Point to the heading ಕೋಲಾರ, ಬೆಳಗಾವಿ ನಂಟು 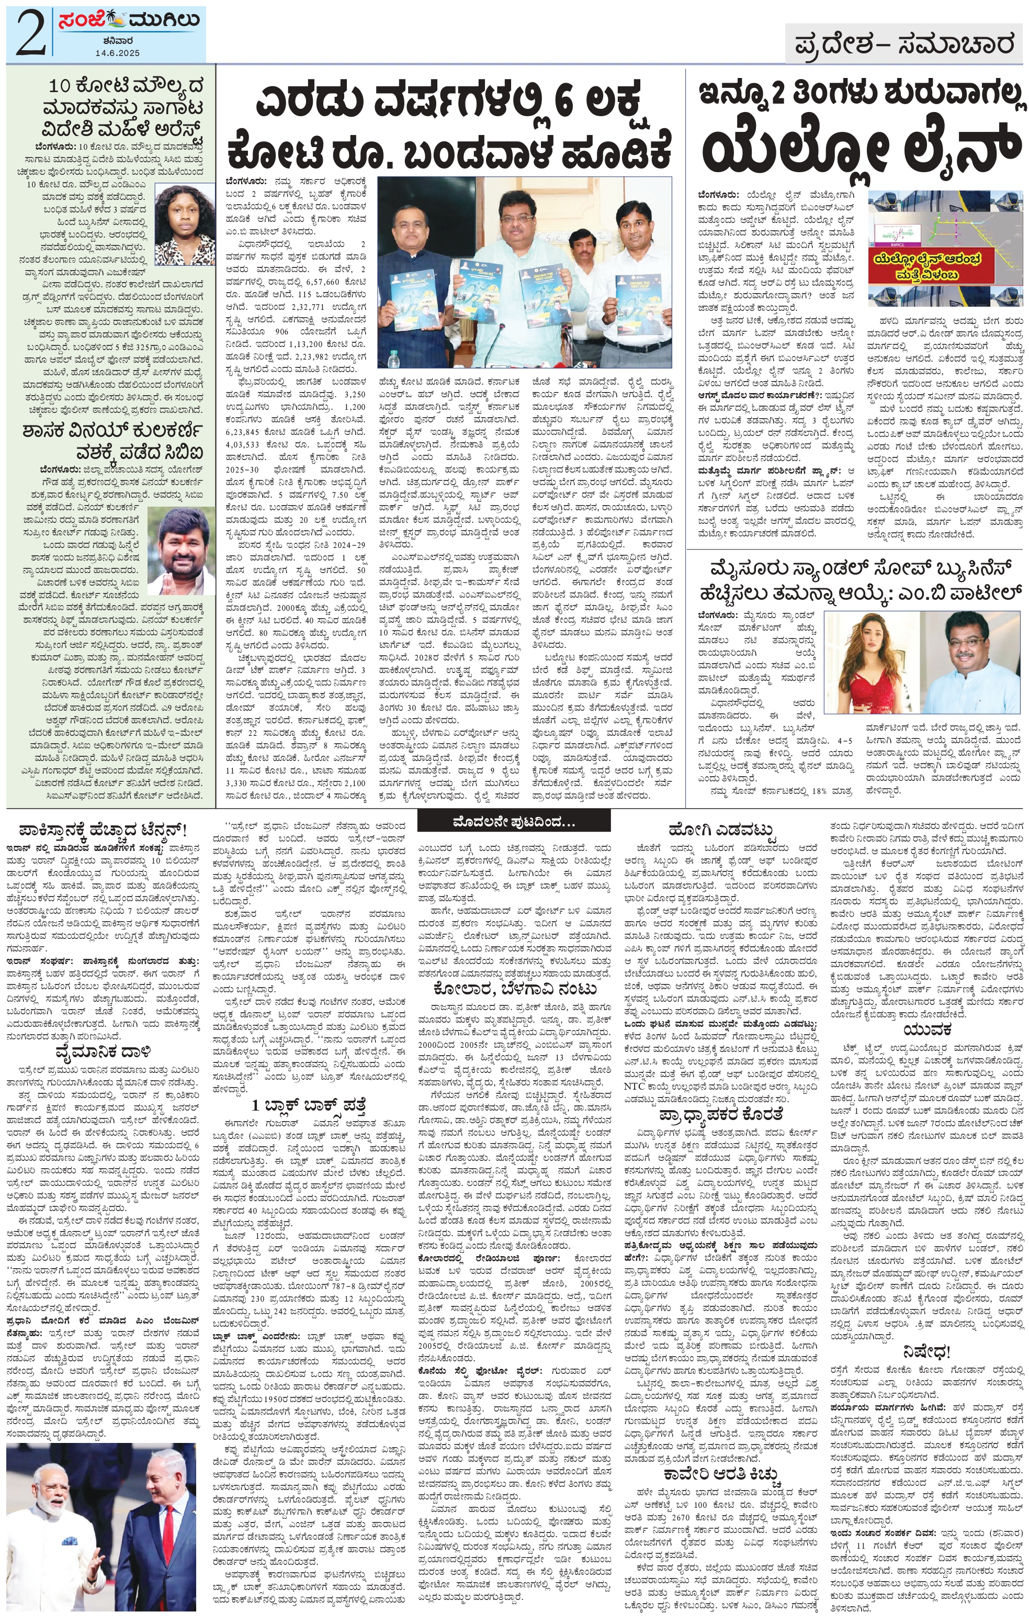pos(514,989)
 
